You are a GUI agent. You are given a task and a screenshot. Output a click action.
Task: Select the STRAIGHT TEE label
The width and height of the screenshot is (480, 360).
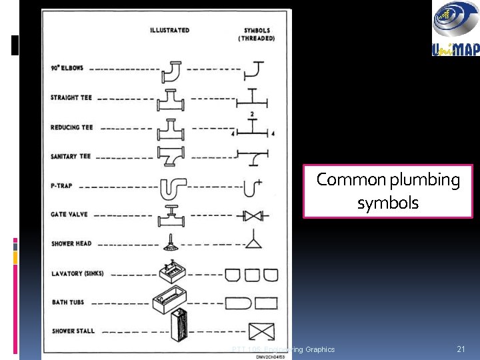pyautogui.click(x=71, y=97)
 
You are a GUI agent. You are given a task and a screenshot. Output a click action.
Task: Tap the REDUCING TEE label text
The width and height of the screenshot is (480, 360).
pyautogui.click(x=71, y=127)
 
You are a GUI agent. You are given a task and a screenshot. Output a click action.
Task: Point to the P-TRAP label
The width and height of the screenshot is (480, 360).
pyautogui.click(x=61, y=186)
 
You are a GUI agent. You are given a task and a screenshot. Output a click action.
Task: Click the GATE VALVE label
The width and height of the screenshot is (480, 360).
pyautogui.click(x=69, y=215)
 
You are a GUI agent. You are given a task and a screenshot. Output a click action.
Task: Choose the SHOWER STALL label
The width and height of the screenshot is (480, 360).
pyautogui.click(x=73, y=331)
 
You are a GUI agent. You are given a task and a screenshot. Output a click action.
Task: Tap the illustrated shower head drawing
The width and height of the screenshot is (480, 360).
pyautogui.click(x=171, y=245)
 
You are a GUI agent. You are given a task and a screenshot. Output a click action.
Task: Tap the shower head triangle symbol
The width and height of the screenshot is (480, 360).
pyautogui.click(x=253, y=243)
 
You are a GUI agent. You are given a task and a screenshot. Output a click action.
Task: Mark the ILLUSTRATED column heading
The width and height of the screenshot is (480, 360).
pyautogui.click(x=169, y=30)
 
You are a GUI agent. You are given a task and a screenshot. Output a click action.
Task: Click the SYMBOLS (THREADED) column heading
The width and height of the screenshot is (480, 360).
pyautogui.click(x=257, y=34)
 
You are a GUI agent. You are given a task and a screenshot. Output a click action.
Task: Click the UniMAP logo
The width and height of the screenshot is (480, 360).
pyautogui.click(x=455, y=28)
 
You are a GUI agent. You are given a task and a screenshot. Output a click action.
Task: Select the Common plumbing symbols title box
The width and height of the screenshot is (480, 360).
pyautogui.click(x=388, y=191)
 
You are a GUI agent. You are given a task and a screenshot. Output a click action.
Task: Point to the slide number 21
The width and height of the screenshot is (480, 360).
pyautogui.click(x=460, y=349)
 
